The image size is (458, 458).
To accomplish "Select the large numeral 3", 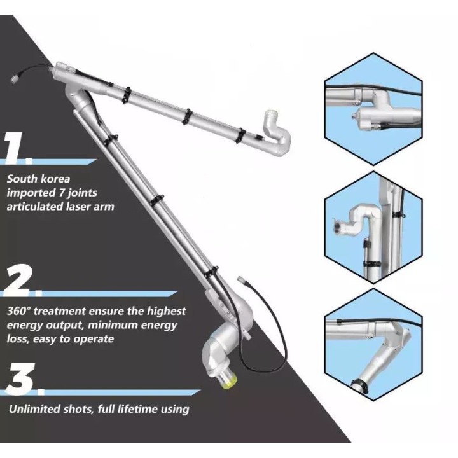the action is click(x=22, y=379).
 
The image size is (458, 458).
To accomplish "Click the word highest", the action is click(x=166, y=311).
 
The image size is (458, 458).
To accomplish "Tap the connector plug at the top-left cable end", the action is click(x=15, y=78).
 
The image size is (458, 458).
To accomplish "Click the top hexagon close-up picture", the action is click(x=373, y=109).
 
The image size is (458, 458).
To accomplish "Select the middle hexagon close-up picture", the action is click(x=373, y=228).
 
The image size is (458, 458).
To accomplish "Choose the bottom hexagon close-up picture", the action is click(x=373, y=345).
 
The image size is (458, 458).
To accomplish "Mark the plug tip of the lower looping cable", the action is click(x=241, y=279).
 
